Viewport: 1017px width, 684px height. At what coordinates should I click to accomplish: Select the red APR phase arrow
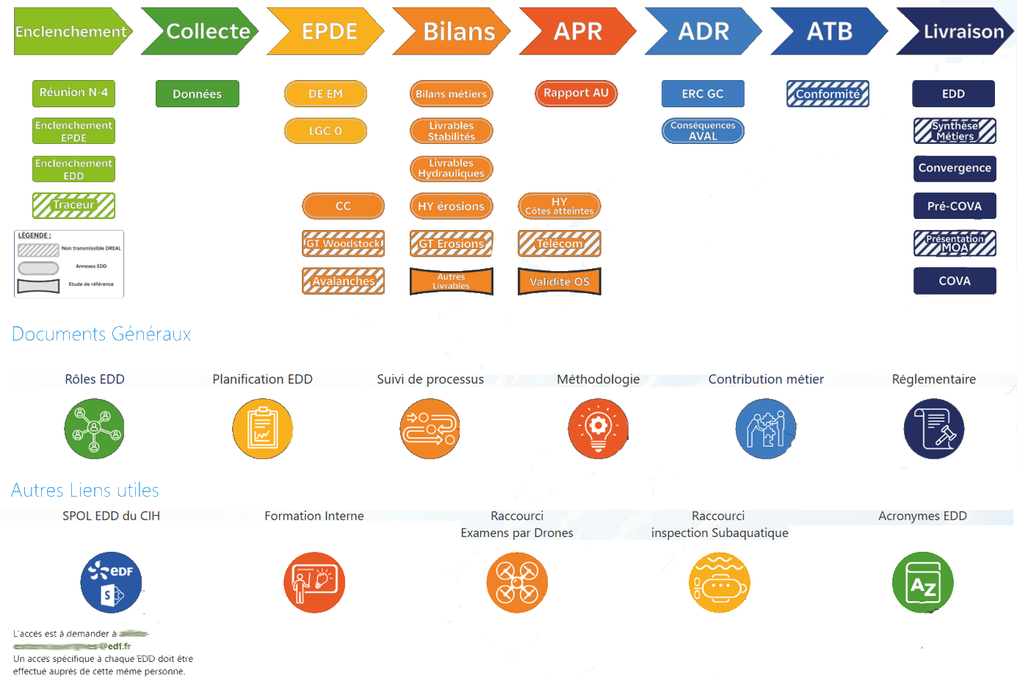click(578, 32)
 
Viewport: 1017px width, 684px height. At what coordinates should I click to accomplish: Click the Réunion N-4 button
click(73, 93)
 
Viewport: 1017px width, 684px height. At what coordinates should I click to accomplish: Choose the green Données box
click(197, 94)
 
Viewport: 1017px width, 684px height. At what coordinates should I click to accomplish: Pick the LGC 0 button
click(325, 132)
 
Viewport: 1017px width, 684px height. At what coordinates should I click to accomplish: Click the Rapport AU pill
click(576, 93)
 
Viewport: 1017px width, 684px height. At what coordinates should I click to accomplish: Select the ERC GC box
click(703, 94)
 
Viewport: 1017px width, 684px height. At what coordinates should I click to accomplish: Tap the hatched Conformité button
click(828, 94)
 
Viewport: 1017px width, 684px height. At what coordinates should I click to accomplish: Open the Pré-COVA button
click(955, 206)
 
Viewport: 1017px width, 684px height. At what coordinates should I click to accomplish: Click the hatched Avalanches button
click(343, 281)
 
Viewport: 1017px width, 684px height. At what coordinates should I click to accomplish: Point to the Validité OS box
click(560, 281)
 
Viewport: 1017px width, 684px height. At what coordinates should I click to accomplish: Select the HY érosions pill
click(451, 206)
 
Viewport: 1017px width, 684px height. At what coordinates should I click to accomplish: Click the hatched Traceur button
click(73, 206)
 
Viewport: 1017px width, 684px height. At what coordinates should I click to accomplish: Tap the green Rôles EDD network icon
click(94, 429)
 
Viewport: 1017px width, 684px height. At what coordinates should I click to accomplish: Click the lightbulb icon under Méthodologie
click(598, 429)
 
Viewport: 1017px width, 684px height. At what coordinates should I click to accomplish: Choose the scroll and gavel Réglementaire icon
click(933, 429)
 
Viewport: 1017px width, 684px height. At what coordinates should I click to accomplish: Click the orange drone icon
click(517, 583)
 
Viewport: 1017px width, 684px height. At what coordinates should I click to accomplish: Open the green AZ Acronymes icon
click(922, 583)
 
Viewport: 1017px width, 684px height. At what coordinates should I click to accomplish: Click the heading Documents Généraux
click(101, 334)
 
